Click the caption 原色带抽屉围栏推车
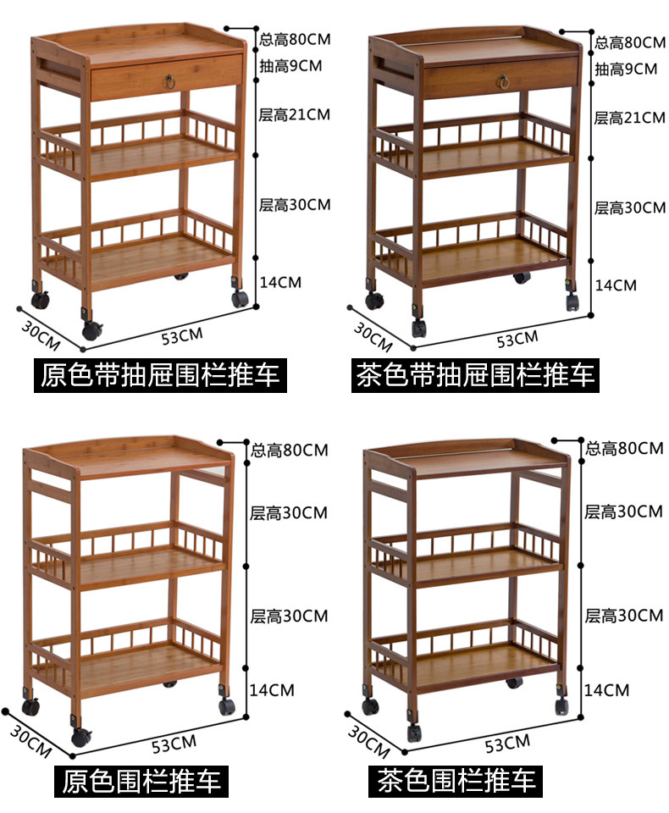tap(160, 375)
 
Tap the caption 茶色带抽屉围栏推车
tap(475, 375)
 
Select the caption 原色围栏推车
tap(141, 782)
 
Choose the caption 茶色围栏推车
tap(456, 781)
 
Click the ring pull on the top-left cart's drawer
tap(170, 80)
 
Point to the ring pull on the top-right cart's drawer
tap(503, 82)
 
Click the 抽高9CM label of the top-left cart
tap(290, 66)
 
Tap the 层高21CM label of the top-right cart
tap(629, 118)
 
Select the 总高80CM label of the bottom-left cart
tap(290, 450)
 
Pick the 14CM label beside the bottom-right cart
tap(607, 690)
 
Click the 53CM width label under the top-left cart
tap(182, 336)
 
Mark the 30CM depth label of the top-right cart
tap(373, 337)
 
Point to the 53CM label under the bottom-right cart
tap(508, 744)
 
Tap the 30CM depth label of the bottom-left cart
tap(30, 742)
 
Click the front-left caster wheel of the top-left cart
tap(91, 329)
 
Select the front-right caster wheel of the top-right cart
tap(572, 301)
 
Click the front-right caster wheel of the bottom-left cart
tap(227, 706)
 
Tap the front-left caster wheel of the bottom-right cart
tap(413, 732)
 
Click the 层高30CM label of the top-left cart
tap(295, 205)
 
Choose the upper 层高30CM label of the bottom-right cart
tap(623, 512)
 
